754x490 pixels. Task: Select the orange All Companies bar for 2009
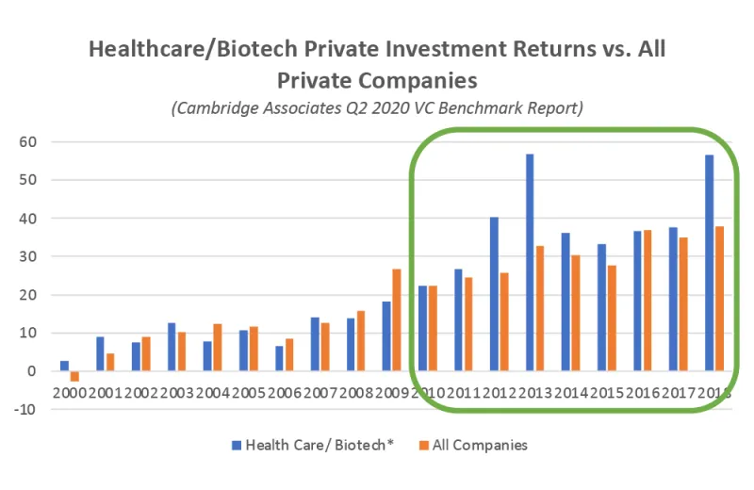397,320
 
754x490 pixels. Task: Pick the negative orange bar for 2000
74,376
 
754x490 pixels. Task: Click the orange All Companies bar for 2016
647,301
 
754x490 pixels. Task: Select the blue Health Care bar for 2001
100,353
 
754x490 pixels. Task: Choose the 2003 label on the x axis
176,391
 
